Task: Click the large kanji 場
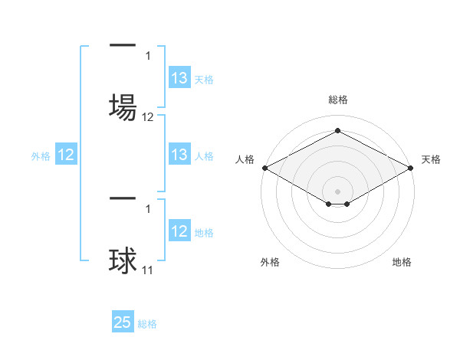[123, 106]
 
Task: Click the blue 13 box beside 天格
[179, 78]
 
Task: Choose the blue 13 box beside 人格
[179, 155]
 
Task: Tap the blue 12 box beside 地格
[179, 232]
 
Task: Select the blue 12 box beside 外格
[66, 155]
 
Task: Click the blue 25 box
[123, 322]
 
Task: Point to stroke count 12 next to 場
[148, 117]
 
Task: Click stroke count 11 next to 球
[147, 270]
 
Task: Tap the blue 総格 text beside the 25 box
[148, 324]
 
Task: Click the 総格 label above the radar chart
[337, 100]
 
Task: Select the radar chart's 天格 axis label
[431, 159]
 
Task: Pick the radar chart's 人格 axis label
[245, 159]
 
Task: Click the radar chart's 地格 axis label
[402, 262]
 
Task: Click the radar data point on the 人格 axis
[264, 168]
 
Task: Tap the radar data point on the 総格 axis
[337, 131]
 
